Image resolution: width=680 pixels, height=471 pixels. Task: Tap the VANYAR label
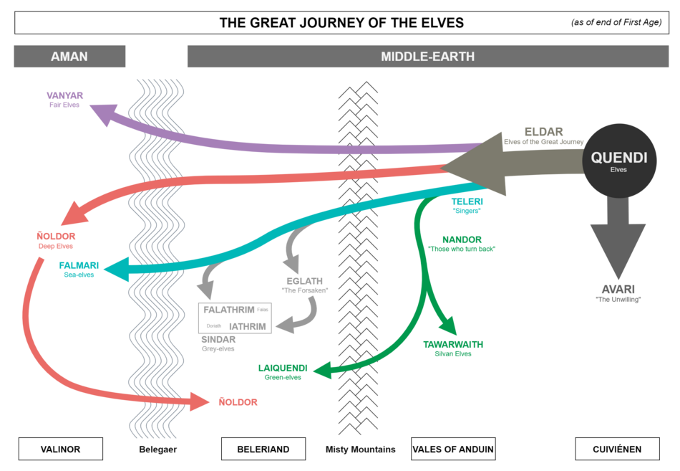coord(65,95)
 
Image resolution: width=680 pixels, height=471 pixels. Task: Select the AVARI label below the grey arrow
coord(618,290)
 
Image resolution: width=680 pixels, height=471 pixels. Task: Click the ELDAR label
coord(543,132)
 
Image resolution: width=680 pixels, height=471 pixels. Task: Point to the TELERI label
coord(467,201)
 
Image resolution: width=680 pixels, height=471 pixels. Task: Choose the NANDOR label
coord(462,239)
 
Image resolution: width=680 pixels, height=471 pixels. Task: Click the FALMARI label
coord(79,265)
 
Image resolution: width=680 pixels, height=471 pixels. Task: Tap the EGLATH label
coord(304,281)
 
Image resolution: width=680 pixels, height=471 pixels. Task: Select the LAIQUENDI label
coord(283,368)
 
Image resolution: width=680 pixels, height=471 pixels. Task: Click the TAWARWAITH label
coord(452,345)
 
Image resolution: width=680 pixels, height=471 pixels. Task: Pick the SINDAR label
coord(218,340)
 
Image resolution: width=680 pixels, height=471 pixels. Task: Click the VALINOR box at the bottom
coord(60,449)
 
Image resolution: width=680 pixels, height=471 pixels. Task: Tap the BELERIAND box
coord(263,449)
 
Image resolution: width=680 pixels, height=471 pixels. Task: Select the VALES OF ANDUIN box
coord(453,449)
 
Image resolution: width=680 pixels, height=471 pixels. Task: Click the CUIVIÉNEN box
coord(617,449)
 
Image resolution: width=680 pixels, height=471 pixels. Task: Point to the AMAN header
coord(69,56)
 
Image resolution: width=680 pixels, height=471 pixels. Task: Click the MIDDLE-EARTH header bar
coord(427,56)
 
